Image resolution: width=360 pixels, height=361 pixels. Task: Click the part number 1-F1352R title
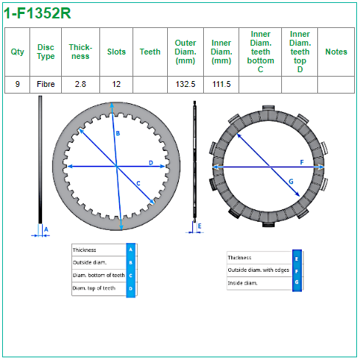coord(38,13)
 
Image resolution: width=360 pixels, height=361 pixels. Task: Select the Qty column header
coord(18,52)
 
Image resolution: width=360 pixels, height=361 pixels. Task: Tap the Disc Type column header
coord(46,52)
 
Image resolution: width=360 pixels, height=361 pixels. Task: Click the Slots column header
coord(116,52)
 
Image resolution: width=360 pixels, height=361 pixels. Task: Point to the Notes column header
coord(336,52)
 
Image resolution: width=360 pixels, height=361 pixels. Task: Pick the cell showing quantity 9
coord(18,84)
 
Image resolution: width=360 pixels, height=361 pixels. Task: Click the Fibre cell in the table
coord(46,84)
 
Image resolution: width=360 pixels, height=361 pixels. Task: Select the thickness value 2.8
coord(80,84)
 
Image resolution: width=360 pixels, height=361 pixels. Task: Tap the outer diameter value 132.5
coord(186,84)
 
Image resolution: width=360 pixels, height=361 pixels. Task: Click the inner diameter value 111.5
coord(222,84)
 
